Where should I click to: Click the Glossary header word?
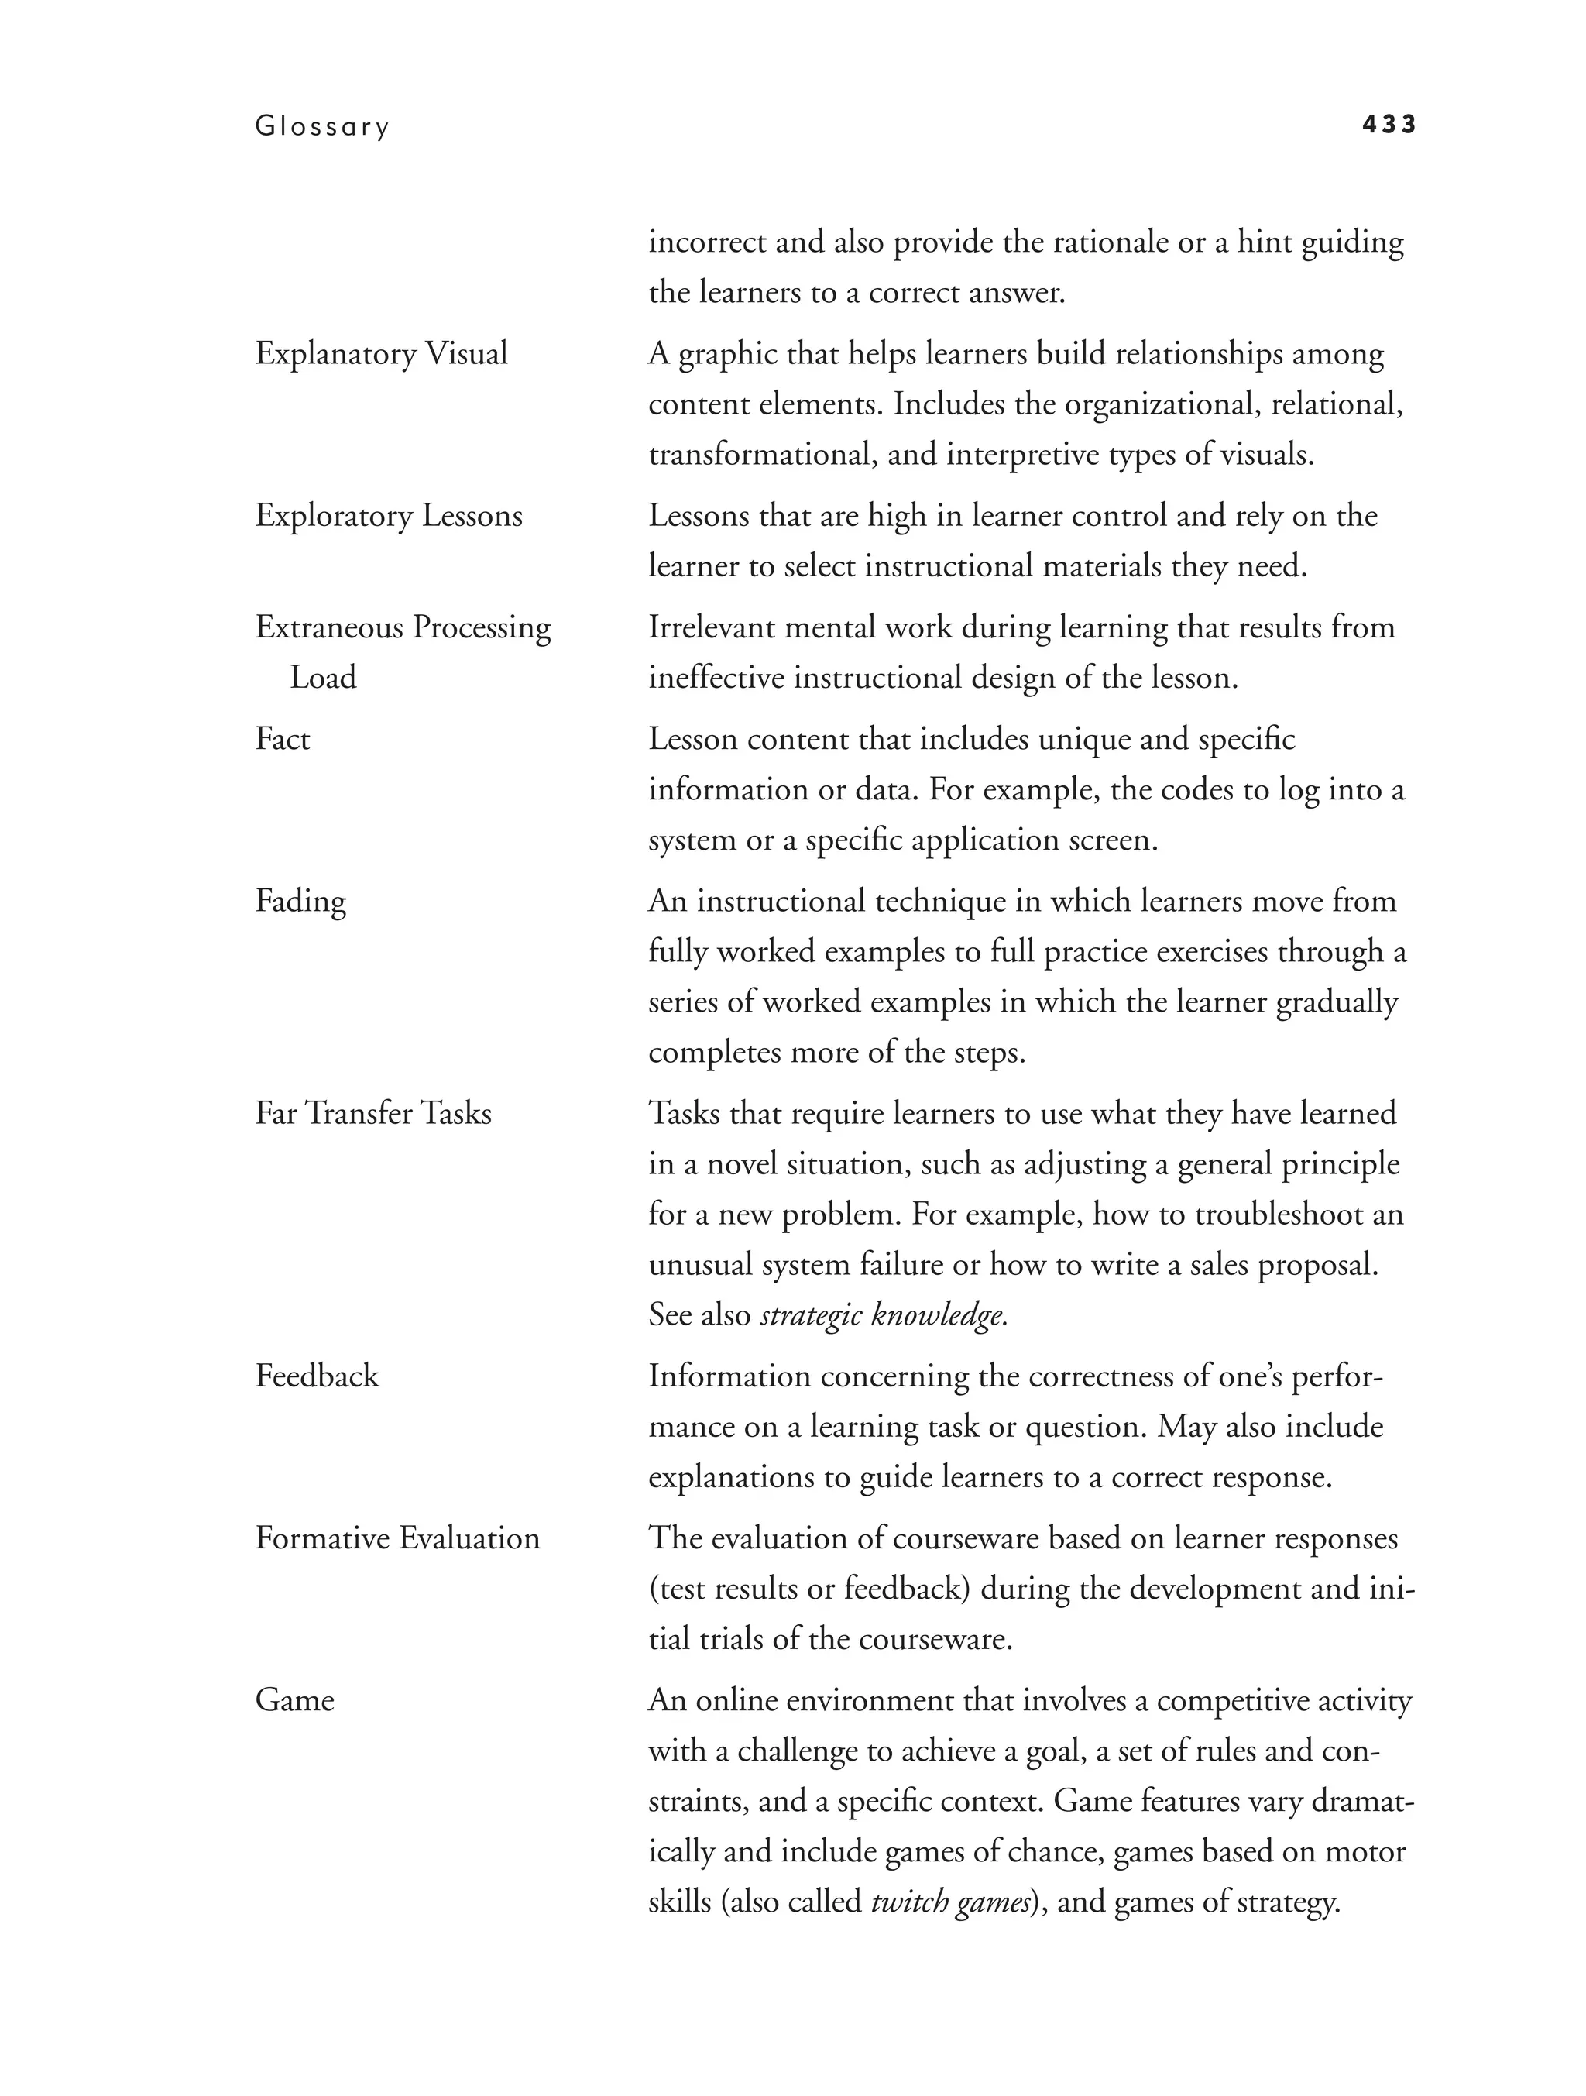click(x=322, y=127)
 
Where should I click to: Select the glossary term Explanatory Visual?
click(x=381, y=353)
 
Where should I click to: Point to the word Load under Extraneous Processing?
click(x=323, y=678)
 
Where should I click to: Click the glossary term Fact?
click(x=283, y=738)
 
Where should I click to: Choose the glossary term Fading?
click(x=300, y=901)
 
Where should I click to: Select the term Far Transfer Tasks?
click(x=373, y=1113)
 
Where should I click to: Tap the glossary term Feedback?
click(x=317, y=1376)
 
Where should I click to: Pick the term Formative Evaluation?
click(x=397, y=1538)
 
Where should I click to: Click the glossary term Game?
click(x=294, y=1700)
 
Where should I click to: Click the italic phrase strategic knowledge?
click(x=883, y=1315)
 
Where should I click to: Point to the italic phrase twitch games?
click(x=950, y=1902)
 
